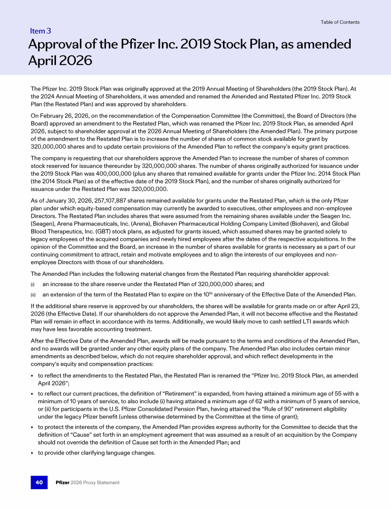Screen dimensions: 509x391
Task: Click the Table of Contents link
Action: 340,22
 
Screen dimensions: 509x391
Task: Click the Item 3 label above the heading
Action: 41,32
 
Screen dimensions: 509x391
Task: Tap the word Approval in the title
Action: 56,44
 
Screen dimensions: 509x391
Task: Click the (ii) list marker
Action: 33,294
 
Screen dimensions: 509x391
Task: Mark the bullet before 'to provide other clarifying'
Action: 32,454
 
